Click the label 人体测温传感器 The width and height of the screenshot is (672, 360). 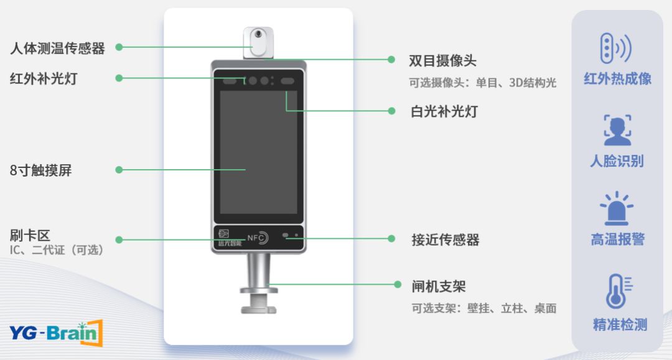click(57, 48)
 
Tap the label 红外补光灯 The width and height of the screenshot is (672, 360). click(44, 79)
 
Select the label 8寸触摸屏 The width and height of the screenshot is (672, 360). click(40, 170)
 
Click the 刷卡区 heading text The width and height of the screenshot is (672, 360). click(30, 235)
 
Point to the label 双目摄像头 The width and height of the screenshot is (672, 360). click(443, 60)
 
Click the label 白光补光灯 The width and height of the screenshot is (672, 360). click(444, 111)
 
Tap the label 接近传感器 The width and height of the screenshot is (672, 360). click(446, 240)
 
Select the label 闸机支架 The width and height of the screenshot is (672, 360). click(439, 286)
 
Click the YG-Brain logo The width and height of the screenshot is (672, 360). click(56, 333)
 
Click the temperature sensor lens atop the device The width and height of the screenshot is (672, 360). click(258, 34)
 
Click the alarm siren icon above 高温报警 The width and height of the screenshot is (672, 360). click(617, 208)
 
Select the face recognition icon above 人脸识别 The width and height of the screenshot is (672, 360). click(618, 130)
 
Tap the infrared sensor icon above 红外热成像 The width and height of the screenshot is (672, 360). click(616, 48)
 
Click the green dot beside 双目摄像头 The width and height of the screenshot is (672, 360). click(391, 60)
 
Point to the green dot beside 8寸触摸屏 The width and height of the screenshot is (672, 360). click(119, 170)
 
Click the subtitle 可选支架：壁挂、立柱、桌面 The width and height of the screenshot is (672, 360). click(484, 308)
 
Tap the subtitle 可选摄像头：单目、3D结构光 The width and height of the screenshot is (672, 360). click(483, 83)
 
